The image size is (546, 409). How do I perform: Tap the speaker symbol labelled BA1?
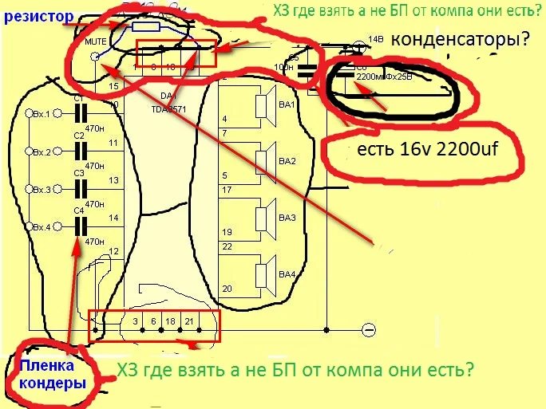[262, 106]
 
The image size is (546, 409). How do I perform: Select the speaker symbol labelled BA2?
[262, 161]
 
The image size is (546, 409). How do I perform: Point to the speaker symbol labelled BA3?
[262, 217]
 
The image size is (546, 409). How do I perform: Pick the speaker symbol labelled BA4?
[262, 274]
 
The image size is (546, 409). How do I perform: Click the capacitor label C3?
[78, 172]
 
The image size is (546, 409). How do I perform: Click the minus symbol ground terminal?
[368, 329]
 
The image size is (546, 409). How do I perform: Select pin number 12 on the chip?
[113, 251]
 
